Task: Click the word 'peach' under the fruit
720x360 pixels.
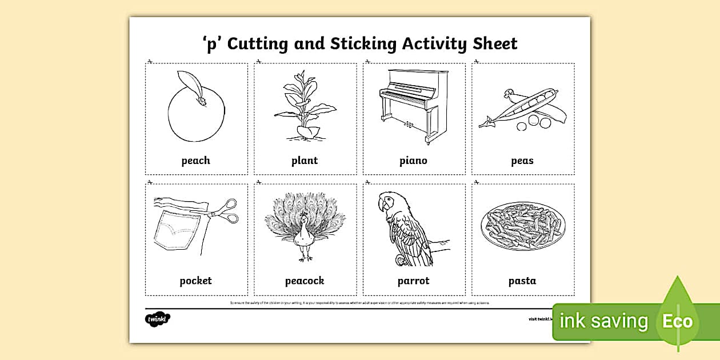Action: [x=195, y=161]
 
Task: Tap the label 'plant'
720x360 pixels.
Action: [x=304, y=161]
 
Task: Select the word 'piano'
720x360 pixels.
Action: [x=413, y=161]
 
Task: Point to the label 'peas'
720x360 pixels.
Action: [x=522, y=161]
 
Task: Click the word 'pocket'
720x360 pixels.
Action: [x=195, y=281]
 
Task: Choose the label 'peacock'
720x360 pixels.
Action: [x=305, y=281]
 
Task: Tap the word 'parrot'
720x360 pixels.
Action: [x=413, y=281]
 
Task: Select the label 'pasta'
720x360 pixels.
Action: [x=522, y=281]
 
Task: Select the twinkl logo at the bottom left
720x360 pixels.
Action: [x=157, y=318]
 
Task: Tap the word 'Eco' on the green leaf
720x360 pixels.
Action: [x=677, y=321]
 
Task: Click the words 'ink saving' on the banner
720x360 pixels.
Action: [x=603, y=321]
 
